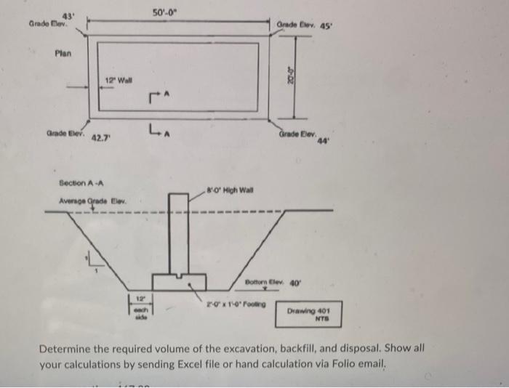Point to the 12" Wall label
(117, 80)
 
